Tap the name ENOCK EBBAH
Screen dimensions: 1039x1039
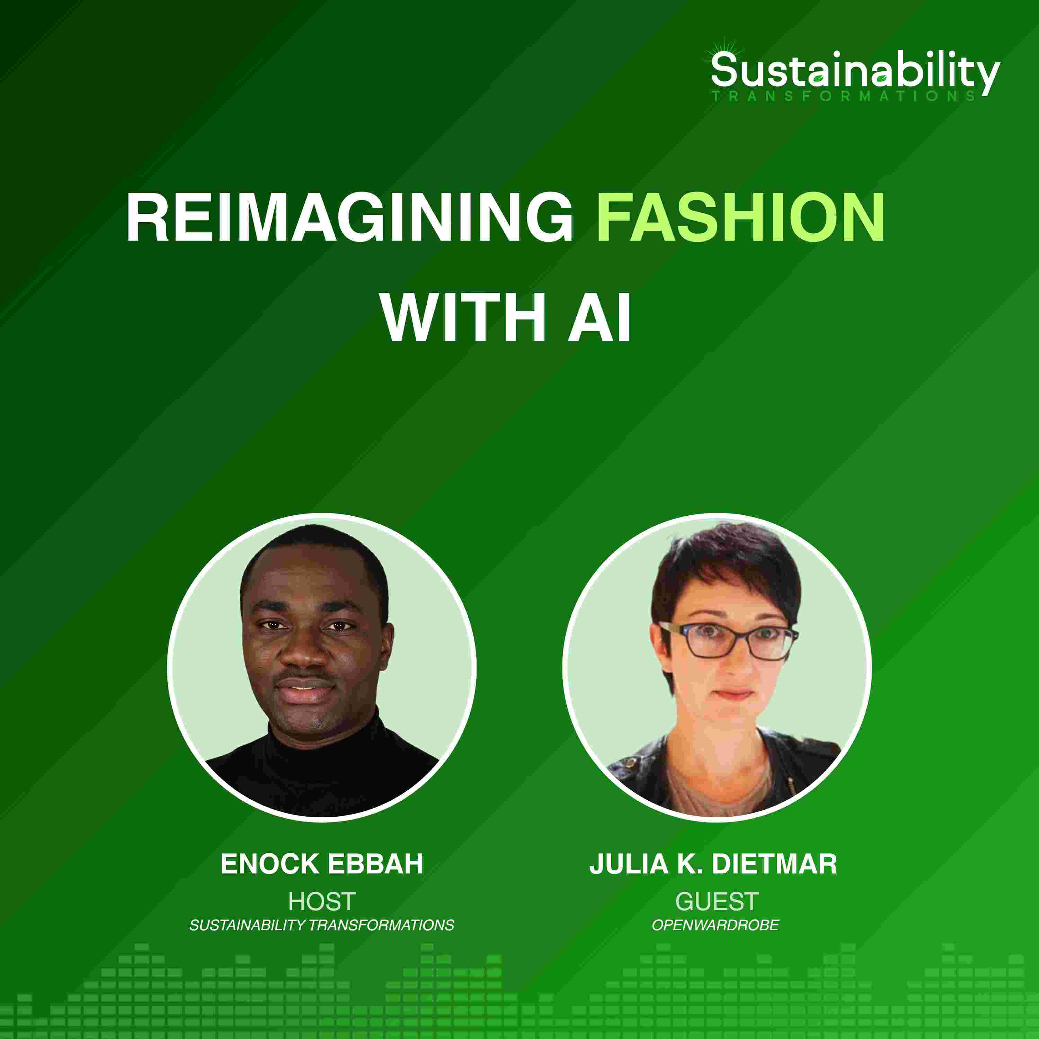point(322,864)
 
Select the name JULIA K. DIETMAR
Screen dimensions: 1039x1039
point(713,864)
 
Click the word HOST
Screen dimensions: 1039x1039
point(322,901)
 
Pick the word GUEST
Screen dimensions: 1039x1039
point(717,901)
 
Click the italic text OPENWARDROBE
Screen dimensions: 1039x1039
point(715,925)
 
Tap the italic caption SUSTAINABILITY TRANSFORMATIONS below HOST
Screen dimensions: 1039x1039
point(322,925)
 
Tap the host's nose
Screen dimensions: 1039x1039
point(304,651)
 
